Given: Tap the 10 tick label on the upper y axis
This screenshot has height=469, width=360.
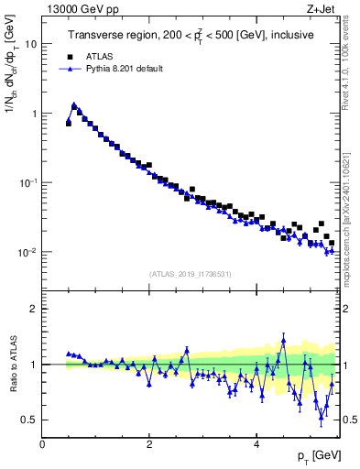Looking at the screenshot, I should point(30,44).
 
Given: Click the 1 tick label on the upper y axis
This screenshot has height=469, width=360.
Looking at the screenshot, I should point(34,114).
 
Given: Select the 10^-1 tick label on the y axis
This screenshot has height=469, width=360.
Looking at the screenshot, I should point(28,182).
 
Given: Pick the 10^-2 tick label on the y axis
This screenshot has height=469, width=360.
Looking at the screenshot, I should point(28,252).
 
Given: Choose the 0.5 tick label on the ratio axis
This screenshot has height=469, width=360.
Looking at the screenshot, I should point(30,420).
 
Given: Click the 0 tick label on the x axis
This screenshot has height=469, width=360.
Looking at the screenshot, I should point(42,443).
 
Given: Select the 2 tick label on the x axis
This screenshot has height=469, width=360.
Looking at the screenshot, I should point(148,443).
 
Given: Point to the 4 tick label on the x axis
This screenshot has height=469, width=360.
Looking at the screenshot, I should point(256,443).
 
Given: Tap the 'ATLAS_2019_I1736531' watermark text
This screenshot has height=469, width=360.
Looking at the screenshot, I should point(191,274).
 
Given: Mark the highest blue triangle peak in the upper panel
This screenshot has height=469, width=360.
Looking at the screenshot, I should point(73,104).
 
